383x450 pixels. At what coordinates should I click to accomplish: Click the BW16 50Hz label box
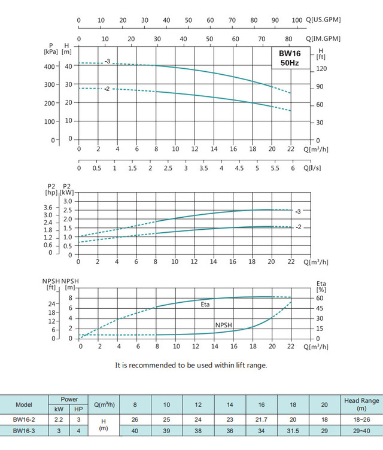click(291, 58)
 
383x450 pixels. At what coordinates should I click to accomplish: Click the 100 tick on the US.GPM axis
click(297, 20)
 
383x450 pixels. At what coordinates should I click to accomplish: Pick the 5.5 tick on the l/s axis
click(275, 169)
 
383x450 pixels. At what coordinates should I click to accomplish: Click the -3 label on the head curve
click(107, 62)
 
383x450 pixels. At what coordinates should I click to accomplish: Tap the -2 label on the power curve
click(297, 227)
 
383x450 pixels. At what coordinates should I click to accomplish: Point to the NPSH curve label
click(224, 325)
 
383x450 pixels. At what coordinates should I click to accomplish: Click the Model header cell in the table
click(24, 404)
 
